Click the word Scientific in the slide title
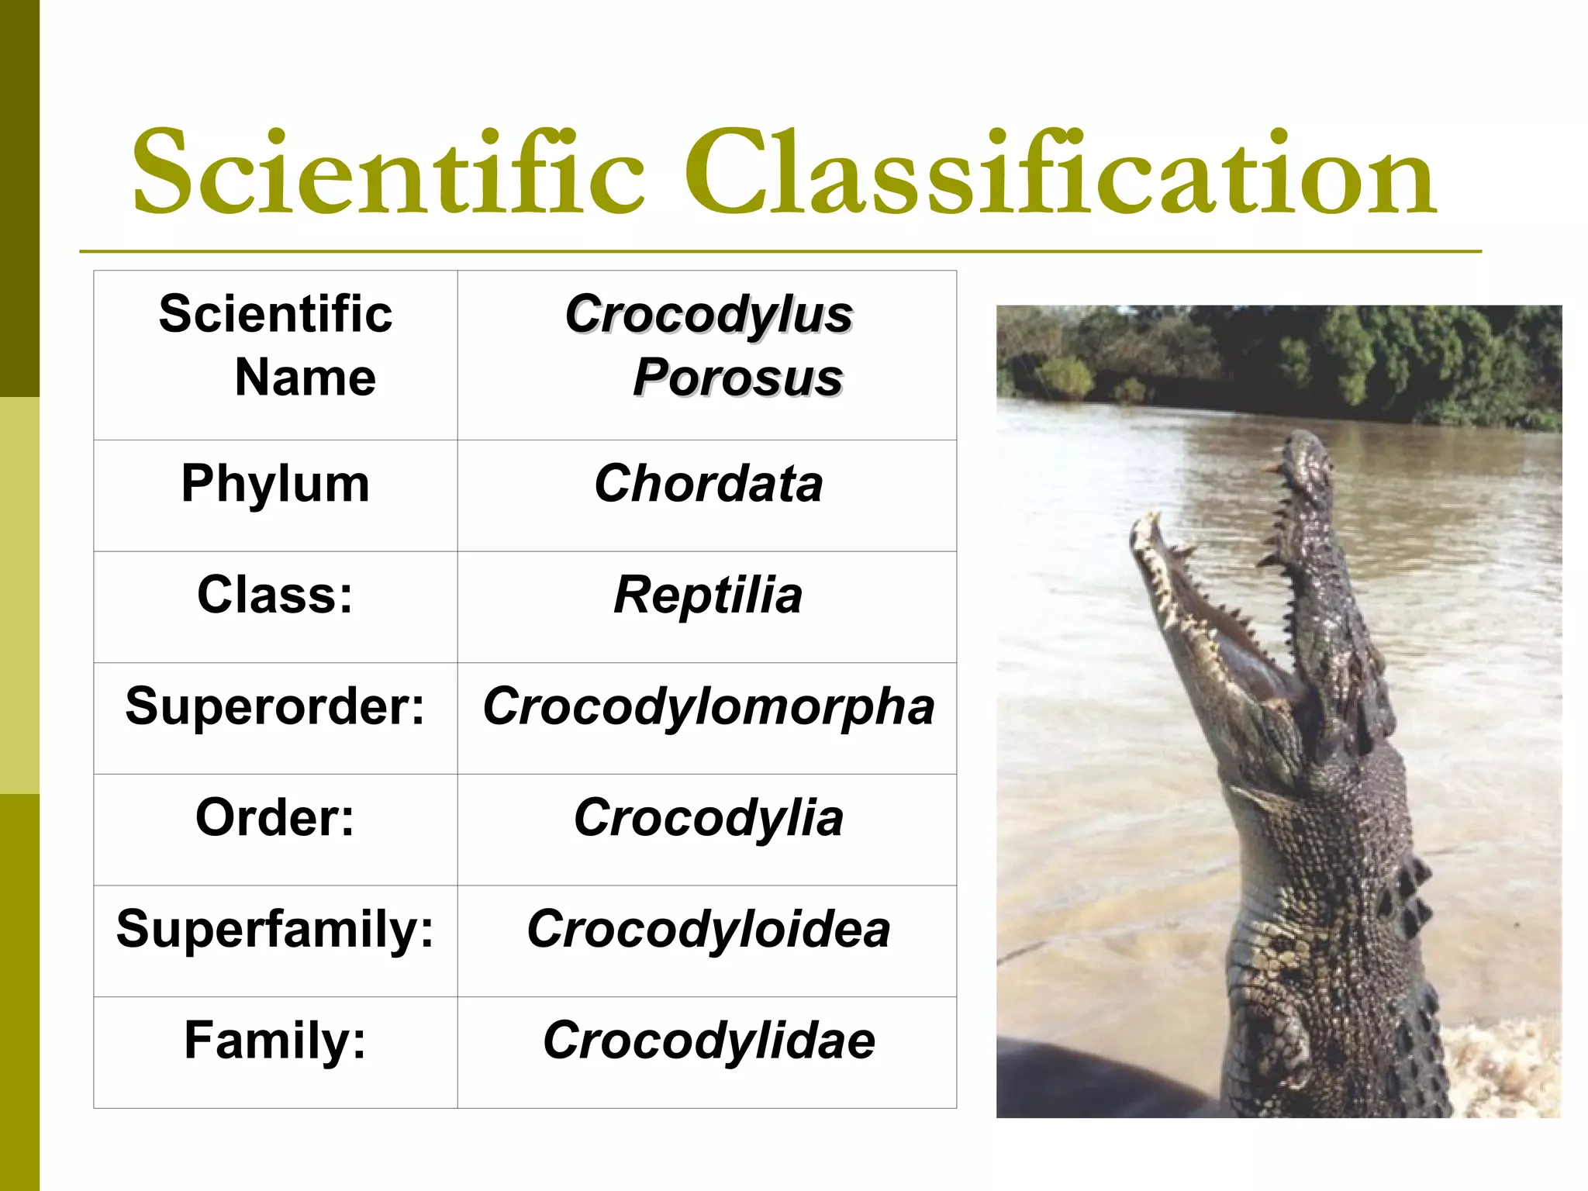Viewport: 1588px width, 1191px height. pyautogui.click(x=388, y=172)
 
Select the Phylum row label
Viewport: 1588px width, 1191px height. pyautogui.click(x=275, y=484)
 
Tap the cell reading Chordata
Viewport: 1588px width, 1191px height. pyautogui.click(x=708, y=484)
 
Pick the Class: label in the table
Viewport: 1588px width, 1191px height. pyautogui.click(x=275, y=595)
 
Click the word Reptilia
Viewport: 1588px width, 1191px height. pyautogui.click(x=708, y=595)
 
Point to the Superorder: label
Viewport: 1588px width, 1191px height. pyautogui.click(x=275, y=706)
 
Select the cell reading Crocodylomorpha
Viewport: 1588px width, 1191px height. pyautogui.click(x=708, y=706)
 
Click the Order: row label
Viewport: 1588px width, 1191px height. pyautogui.click(x=275, y=818)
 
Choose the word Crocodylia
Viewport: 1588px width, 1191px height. pyautogui.click(x=708, y=818)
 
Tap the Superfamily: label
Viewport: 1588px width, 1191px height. pyautogui.click(x=275, y=929)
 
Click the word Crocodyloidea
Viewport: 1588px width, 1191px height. pyautogui.click(x=708, y=929)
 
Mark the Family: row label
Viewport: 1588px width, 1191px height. pyautogui.click(x=275, y=1041)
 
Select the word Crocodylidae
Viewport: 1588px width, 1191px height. pyautogui.click(x=708, y=1041)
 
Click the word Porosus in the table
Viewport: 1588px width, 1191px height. pyautogui.click(x=737, y=378)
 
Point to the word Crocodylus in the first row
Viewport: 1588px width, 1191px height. pyautogui.click(x=708, y=315)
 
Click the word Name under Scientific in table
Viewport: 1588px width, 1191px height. pyautogui.click(x=306, y=378)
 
